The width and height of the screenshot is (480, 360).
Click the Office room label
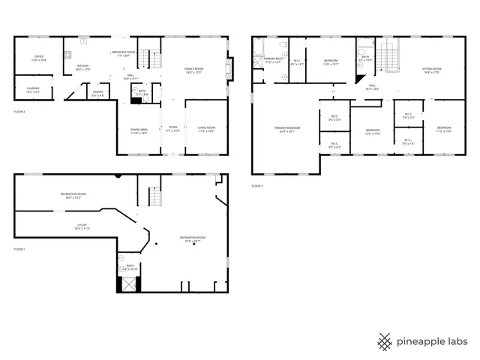pyautogui.click(x=39, y=58)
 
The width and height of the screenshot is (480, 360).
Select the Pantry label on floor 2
pyautogui.click(x=98, y=94)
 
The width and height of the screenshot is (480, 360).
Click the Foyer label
pyautogui.click(x=172, y=129)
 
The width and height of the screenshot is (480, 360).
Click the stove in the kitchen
pyautogui.click(x=68, y=54)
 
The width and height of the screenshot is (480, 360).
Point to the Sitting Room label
pyautogui.click(x=431, y=70)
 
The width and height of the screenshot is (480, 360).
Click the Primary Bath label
pyautogui.click(x=273, y=60)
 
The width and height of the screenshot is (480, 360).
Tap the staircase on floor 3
pyautogui.click(x=388, y=54)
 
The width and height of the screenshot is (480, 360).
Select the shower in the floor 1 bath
pyautogui.click(x=127, y=284)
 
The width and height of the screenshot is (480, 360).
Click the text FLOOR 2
pyautogui.click(x=19, y=112)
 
